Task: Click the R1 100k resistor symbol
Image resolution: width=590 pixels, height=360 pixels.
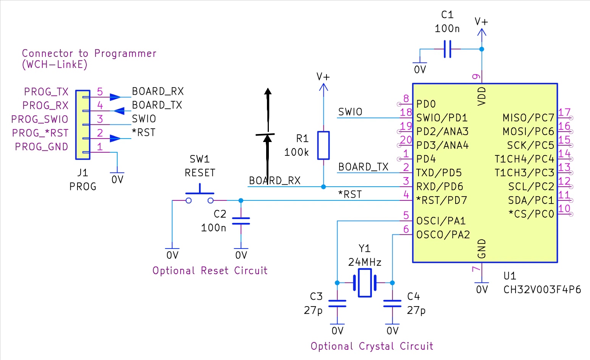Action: pos(323,145)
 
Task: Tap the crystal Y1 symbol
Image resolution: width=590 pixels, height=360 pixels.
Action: pos(365,283)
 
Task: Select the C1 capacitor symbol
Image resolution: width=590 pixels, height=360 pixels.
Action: pos(447,49)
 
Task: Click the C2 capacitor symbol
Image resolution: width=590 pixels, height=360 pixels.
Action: pos(241,221)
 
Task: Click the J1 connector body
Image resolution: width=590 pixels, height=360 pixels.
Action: pos(83,124)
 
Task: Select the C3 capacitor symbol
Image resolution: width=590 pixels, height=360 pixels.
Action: pos(337,303)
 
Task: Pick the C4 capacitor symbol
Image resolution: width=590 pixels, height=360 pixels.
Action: pos(392,303)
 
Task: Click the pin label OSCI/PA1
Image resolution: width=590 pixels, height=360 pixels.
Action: pos(441,221)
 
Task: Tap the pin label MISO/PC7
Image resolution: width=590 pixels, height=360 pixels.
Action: pos(528,118)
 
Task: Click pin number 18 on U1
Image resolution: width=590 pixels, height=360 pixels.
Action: pos(406,113)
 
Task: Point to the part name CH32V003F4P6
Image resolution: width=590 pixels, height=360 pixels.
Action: pos(542,290)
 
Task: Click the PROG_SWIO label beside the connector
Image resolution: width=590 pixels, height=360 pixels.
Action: pos(39,119)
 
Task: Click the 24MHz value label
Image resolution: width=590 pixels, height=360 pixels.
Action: pos(365,262)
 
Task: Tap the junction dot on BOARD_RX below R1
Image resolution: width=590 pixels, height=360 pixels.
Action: pos(323,187)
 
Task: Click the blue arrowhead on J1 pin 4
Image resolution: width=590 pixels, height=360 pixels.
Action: pos(118,111)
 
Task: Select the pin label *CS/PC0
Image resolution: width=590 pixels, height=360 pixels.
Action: pos(531,214)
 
